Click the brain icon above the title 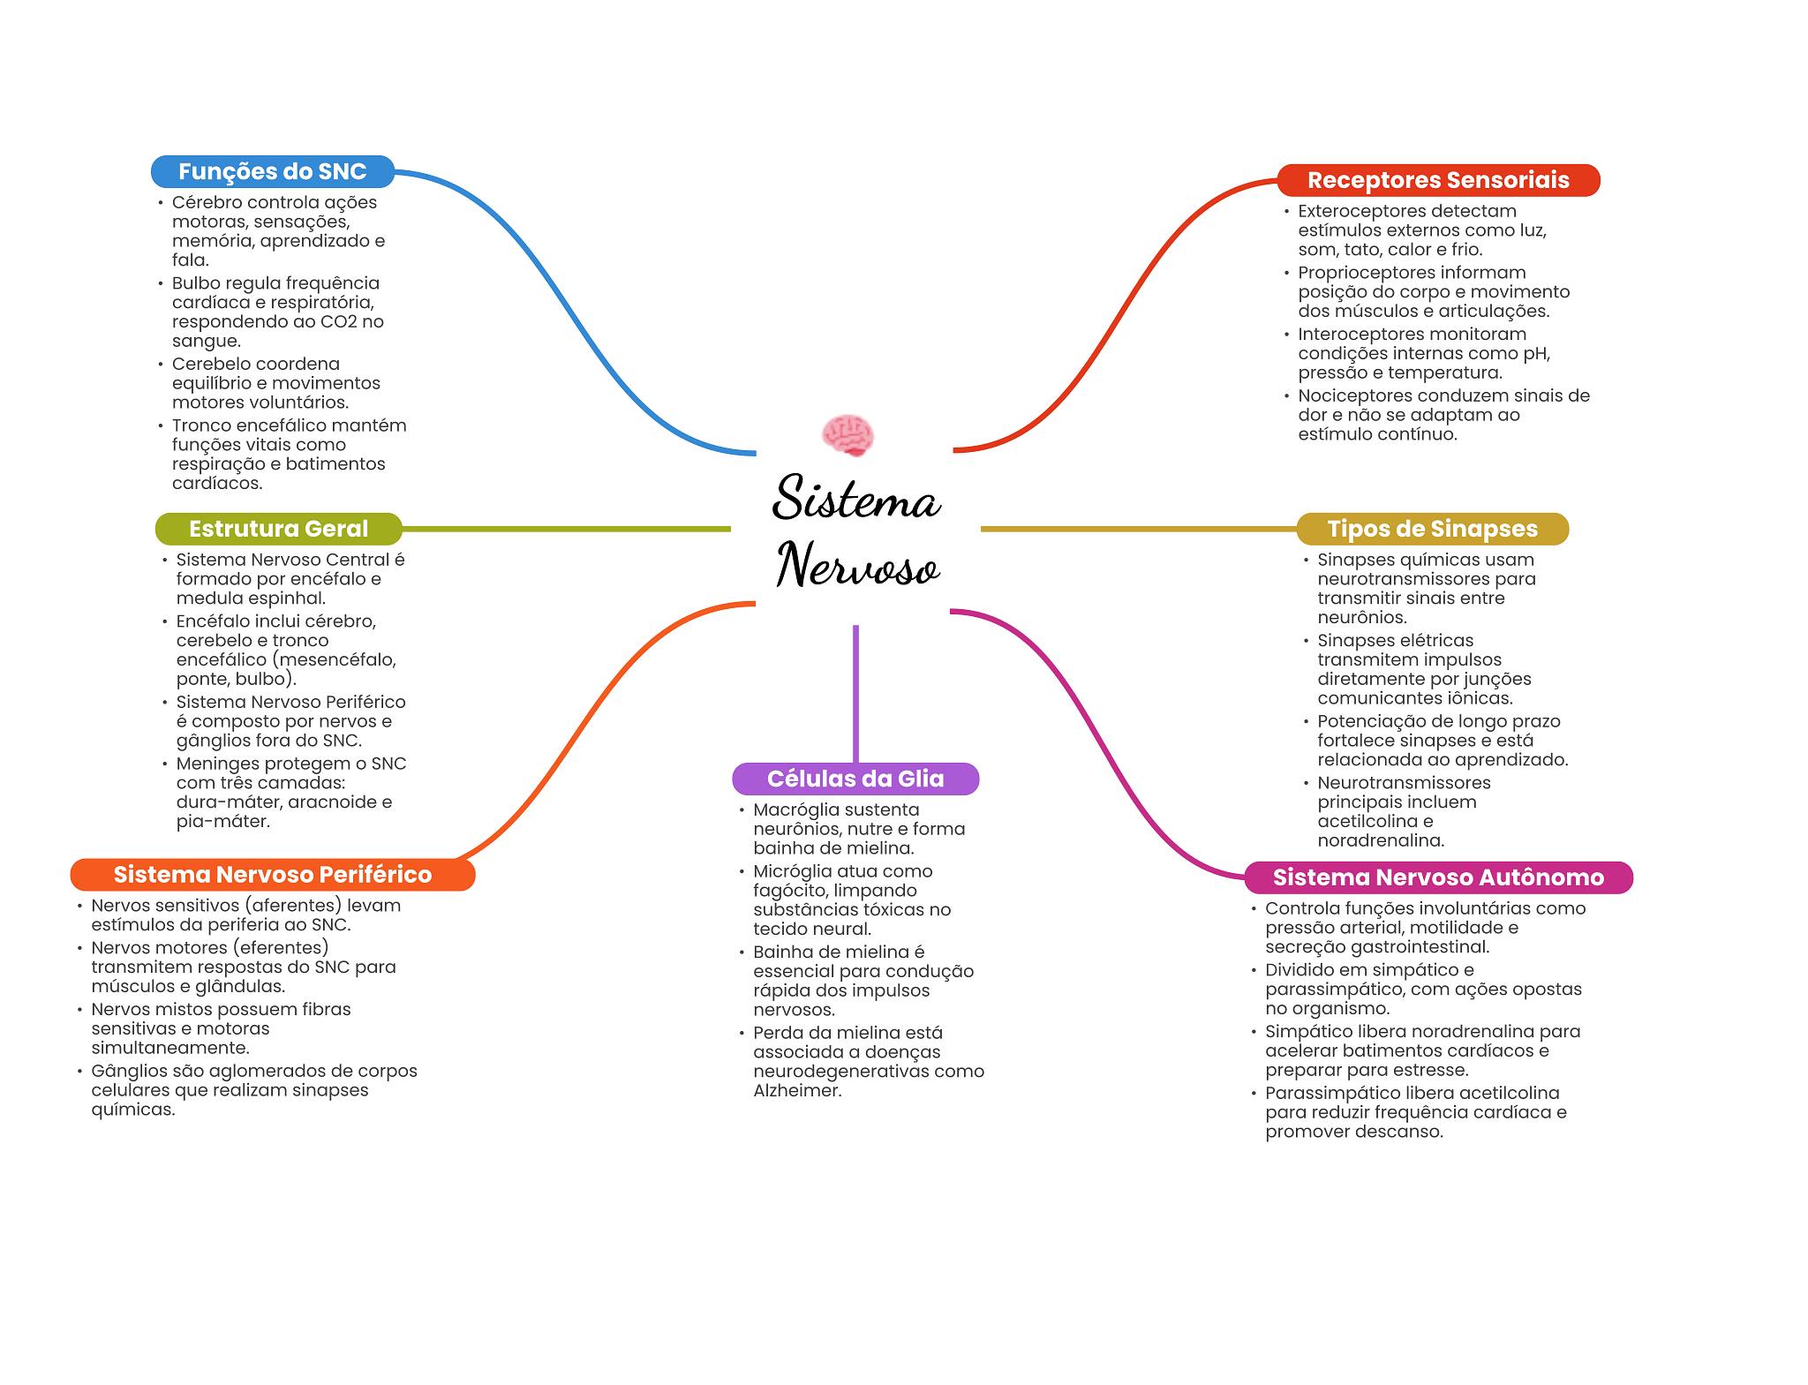tap(847, 435)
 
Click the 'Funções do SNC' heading tap(272, 171)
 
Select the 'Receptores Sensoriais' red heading tap(1438, 180)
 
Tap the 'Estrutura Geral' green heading tap(278, 529)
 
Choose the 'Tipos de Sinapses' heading tap(1432, 529)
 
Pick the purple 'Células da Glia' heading tap(855, 779)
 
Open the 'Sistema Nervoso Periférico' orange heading tap(273, 875)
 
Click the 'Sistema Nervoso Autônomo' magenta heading tap(1438, 877)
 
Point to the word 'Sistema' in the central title tap(855, 499)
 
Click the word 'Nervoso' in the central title tap(857, 566)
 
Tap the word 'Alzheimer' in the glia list tap(795, 1091)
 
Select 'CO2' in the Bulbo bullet tap(338, 322)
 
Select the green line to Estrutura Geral tap(565, 529)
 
